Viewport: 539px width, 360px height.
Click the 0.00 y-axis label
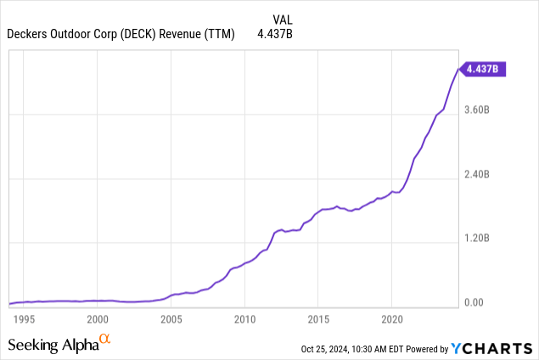click(473, 303)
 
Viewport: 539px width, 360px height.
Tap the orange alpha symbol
click(105, 340)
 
